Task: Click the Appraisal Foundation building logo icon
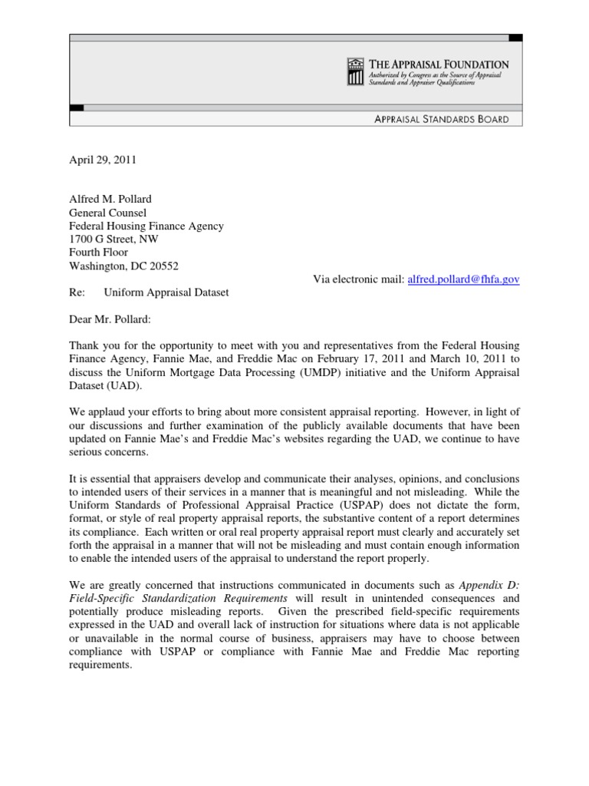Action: pyautogui.click(x=354, y=71)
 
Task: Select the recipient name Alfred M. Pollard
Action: pyautogui.click(x=111, y=200)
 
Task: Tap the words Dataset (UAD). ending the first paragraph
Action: pyautogui.click(x=105, y=386)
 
